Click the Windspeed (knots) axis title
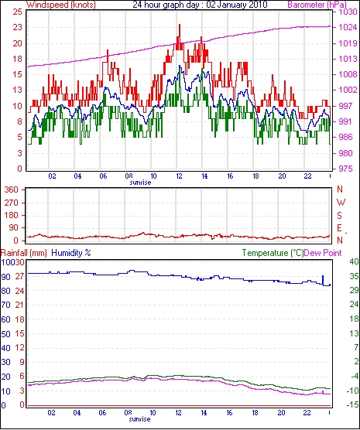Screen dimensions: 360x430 tap(61, 5)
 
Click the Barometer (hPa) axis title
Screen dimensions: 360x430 tap(317, 5)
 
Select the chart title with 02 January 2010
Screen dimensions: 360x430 tap(200, 5)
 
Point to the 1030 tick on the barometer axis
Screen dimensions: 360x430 tap(349, 12)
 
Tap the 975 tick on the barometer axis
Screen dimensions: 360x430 tap(347, 169)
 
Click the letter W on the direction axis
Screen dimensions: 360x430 tap(341, 203)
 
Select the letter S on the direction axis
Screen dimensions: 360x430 tap(339, 216)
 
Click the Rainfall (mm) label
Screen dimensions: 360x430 tap(24, 253)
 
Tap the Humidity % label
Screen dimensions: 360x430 tap(71, 253)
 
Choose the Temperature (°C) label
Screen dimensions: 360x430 tap(273, 253)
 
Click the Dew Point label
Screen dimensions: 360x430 tap(323, 253)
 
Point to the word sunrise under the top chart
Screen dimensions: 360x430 tap(140, 183)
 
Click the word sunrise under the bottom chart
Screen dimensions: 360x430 tap(139, 419)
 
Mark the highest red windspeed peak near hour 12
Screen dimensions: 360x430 tap(180, 25)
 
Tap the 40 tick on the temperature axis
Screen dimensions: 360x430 tap(355, 261)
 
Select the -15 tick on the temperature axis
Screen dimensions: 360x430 tap(352, 404)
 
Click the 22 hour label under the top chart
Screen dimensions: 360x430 tap(307, 176)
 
